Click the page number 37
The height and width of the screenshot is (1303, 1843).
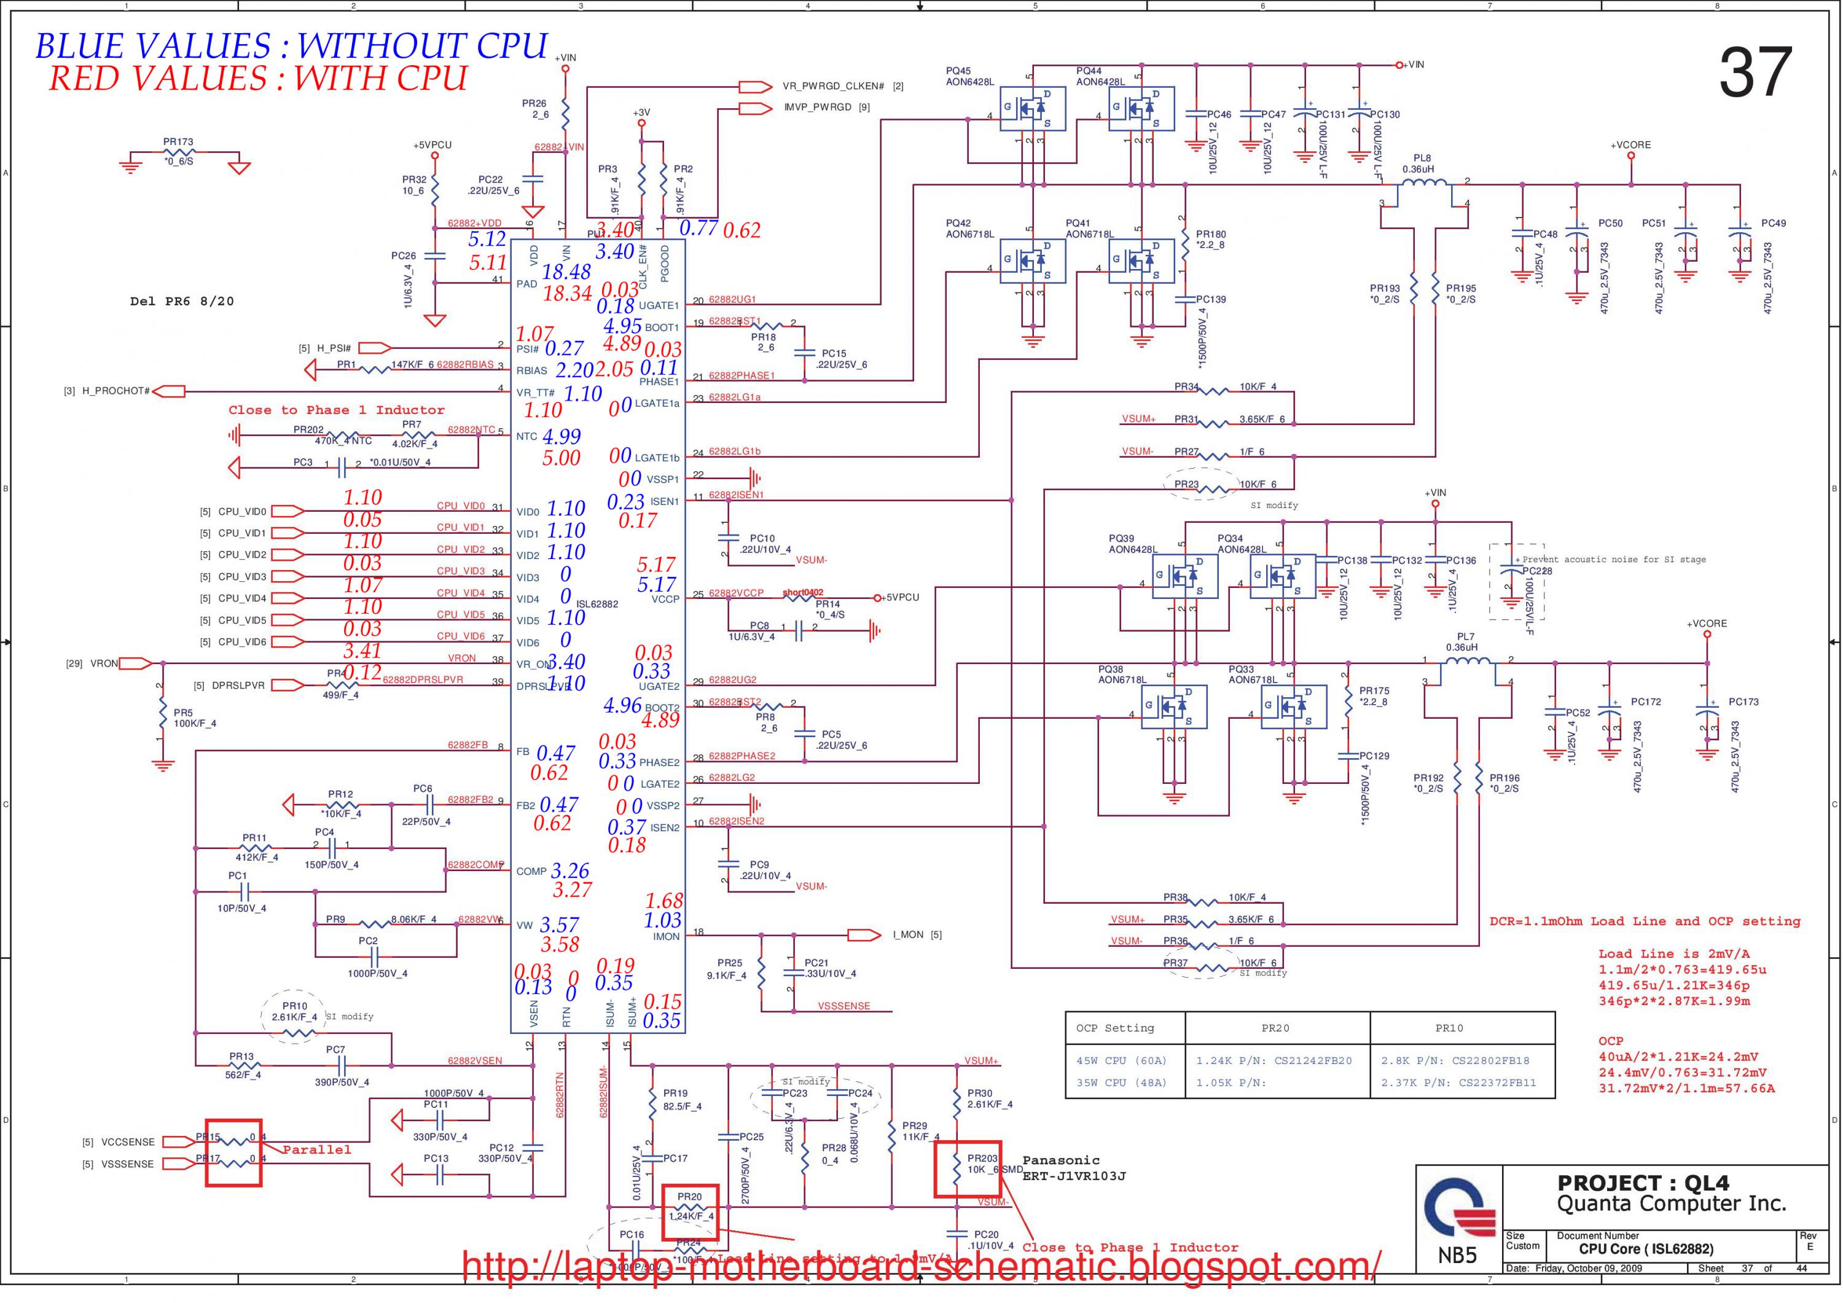click(x=1756, y=72)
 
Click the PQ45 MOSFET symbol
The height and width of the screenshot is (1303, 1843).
click(x=1032, y=108)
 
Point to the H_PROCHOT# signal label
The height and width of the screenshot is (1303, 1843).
click(x=115, y=391)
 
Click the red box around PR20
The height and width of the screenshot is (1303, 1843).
click(x=689, y=1212)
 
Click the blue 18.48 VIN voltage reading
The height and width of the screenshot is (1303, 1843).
click(x=566, y=272)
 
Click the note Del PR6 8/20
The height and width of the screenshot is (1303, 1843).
click(x=182, y=301)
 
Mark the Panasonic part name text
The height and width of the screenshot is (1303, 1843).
click(x=1060, y=1160)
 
